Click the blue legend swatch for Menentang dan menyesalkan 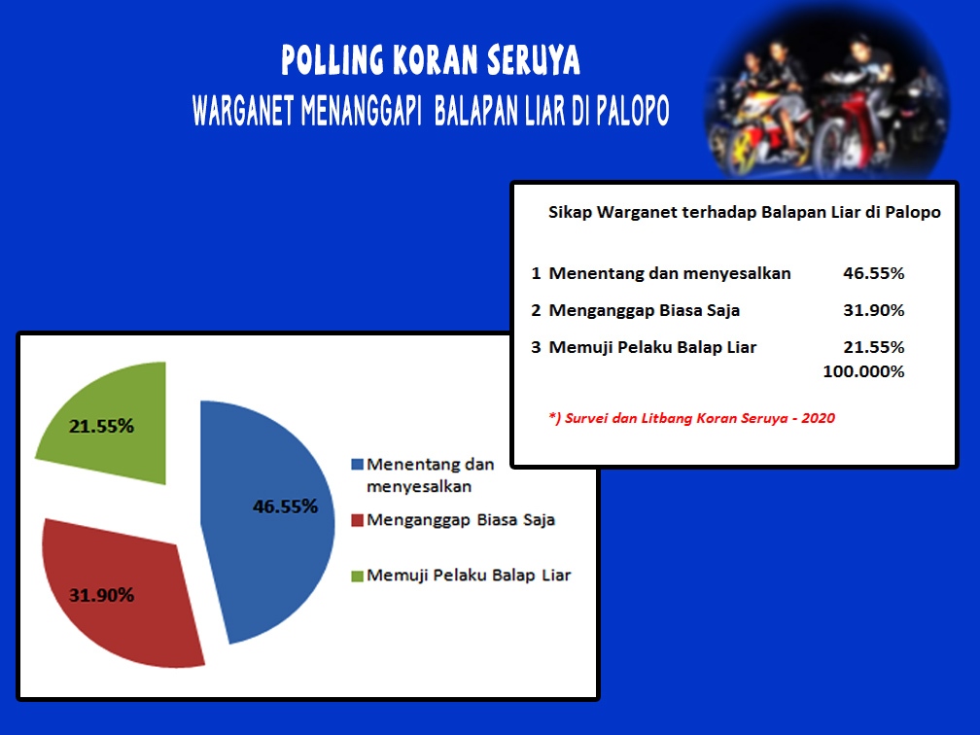pos(358,465)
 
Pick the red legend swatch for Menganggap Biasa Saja pos(358,520)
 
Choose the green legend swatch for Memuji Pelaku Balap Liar pos(358,576)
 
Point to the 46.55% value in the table pos(873,273)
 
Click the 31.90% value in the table pos(873,310)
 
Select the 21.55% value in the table pos(873,347)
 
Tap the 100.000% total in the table pos(863,371)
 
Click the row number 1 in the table pos(536,273)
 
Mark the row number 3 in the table pos(536,347)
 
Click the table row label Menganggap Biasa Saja pos(644,311)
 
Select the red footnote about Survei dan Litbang pos(692,418)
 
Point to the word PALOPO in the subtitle pos(632,111)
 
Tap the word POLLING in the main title pos(332,60)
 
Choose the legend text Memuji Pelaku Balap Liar pos(469,576)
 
